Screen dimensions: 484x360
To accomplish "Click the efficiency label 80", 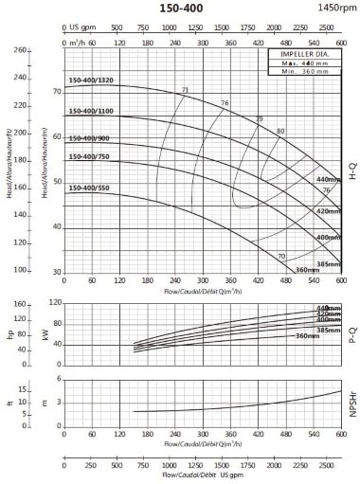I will pos(280,130).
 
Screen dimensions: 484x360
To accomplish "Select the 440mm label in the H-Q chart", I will pos(328,179).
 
